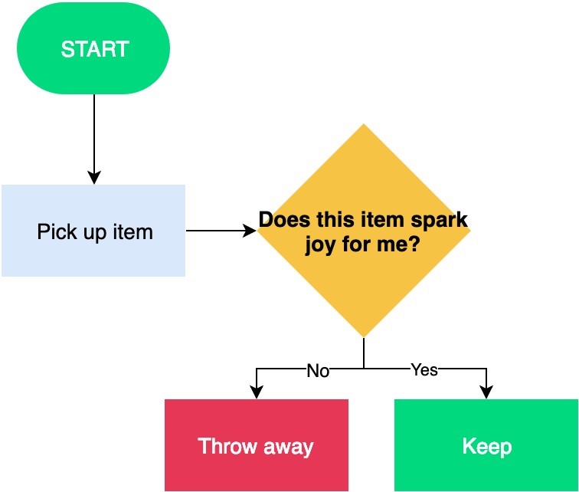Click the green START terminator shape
coord(93,48)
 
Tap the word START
coord(95,49)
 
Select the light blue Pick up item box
coord(93,231)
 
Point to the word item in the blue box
coord(133,232)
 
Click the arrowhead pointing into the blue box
coord(94,178)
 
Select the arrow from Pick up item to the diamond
coord(221,231)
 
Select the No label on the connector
coord(318,370)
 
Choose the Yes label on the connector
coord(424,369)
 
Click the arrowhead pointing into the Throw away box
coord(257,392)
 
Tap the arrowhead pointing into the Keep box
coord(486,392)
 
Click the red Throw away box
coord(257,445)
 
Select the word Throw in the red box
coord(227,446)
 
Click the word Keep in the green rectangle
coord(487,447)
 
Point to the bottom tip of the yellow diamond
coord(364,338)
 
